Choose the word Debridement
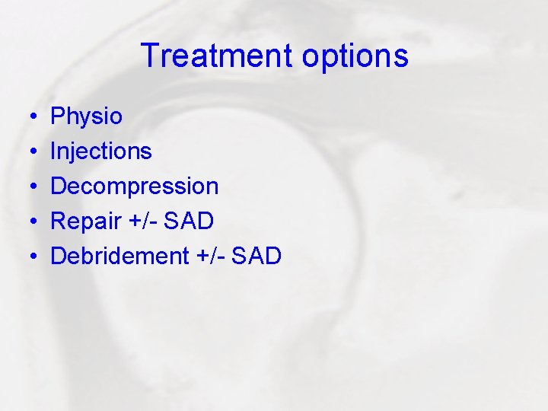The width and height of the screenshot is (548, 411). coord(119,256)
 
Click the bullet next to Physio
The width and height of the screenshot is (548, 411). coord(36,117)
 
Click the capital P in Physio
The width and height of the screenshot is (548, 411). coord(57,116)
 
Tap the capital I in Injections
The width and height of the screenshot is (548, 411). coord(53,151)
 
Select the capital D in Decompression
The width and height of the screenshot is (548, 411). coord(59,186)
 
